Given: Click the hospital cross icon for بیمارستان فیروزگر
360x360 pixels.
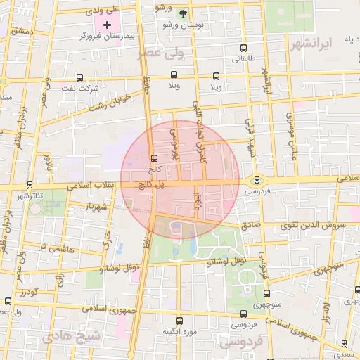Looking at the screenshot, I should [x=108, y=25].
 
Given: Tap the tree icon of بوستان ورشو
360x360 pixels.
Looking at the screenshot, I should [x=184, y=14].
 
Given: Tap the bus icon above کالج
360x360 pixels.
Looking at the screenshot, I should [x=153, y=157].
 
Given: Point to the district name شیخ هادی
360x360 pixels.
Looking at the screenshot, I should [x=70, y=337].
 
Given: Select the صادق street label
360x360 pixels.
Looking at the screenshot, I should [x=251, y=226].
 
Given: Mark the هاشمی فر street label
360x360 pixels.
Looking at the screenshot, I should [x=62, y=247].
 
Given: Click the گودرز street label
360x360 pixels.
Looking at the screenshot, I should [x=28, y=291].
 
